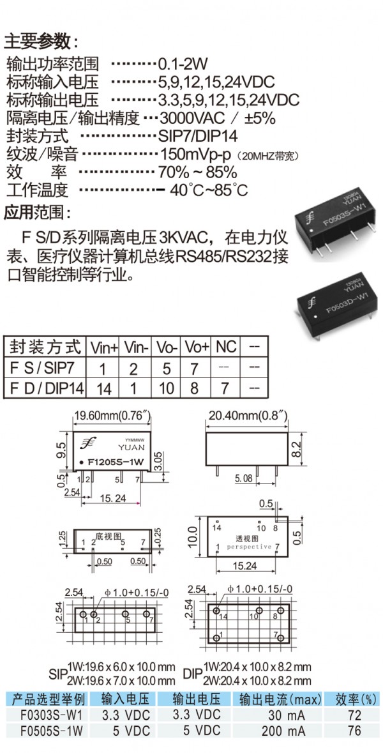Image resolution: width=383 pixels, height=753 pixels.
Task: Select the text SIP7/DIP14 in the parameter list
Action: click(x=198, y=135)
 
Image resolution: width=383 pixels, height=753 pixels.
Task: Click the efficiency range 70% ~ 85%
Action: click(x=198, y=171)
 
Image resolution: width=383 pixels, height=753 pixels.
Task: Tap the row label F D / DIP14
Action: click(x=47, y=387)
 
